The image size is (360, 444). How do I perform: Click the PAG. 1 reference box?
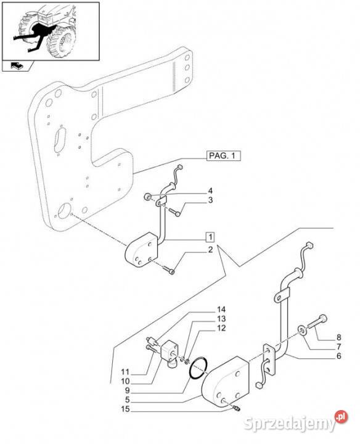224,156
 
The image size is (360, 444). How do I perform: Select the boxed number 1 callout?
210,237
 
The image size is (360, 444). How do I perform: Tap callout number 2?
210,250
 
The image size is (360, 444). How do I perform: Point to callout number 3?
210,200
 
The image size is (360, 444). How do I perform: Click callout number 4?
210,191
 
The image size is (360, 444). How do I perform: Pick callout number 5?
128,400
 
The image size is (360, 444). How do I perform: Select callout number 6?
339,356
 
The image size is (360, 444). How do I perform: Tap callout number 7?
339,347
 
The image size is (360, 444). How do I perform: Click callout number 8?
339,337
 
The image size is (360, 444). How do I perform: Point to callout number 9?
128,390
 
